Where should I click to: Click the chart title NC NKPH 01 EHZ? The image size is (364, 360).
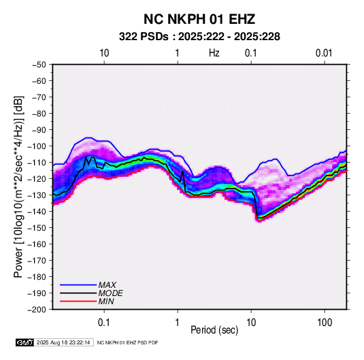coord(199,19)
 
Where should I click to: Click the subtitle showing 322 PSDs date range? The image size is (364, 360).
coord(199,37)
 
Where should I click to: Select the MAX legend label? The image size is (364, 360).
coord(107,285)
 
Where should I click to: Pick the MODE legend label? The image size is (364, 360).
coord(110,293)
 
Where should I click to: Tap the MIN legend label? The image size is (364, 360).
coord(106,301)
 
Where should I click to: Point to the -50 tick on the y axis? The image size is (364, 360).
coord(39,65)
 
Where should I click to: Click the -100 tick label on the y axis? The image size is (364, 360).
coord(37,146)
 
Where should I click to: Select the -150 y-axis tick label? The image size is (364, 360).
coord(37,228)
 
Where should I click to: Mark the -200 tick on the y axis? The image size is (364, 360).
coord(37,310)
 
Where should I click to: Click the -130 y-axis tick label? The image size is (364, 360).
coord(37,195)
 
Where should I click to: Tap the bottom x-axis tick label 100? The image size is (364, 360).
coord(325,323)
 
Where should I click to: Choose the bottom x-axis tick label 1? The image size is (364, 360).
coord(178,323)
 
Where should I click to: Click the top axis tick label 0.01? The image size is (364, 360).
coord(324,53)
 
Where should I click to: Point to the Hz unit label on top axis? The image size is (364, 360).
coord(214,53)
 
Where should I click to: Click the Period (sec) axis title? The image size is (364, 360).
coord(214,330)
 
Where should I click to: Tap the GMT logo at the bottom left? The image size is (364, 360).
coord(24,342)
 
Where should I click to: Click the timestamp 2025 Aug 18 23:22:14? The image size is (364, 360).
coord(63,342)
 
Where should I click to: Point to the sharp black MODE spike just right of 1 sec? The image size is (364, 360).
coord(183,171)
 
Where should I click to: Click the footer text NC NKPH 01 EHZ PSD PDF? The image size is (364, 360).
coord(127,342)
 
